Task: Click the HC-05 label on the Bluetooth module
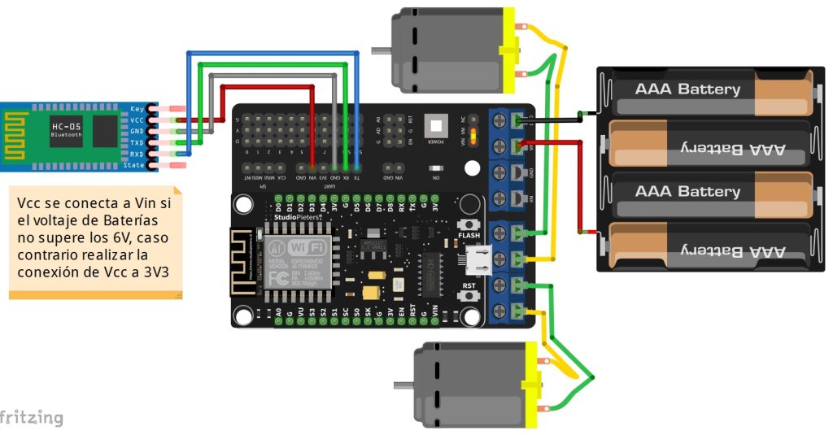click(x=65, y=126)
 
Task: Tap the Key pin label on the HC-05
click(x=137, y=109)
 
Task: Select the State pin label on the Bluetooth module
click(x=133, y=165)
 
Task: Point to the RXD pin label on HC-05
click(x=136, y=154)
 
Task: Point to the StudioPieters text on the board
click(x=297, y=217)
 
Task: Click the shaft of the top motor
click(x=380, y=50)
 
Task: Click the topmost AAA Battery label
click(x=687, y=89)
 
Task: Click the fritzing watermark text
click(x=31, y=418)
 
